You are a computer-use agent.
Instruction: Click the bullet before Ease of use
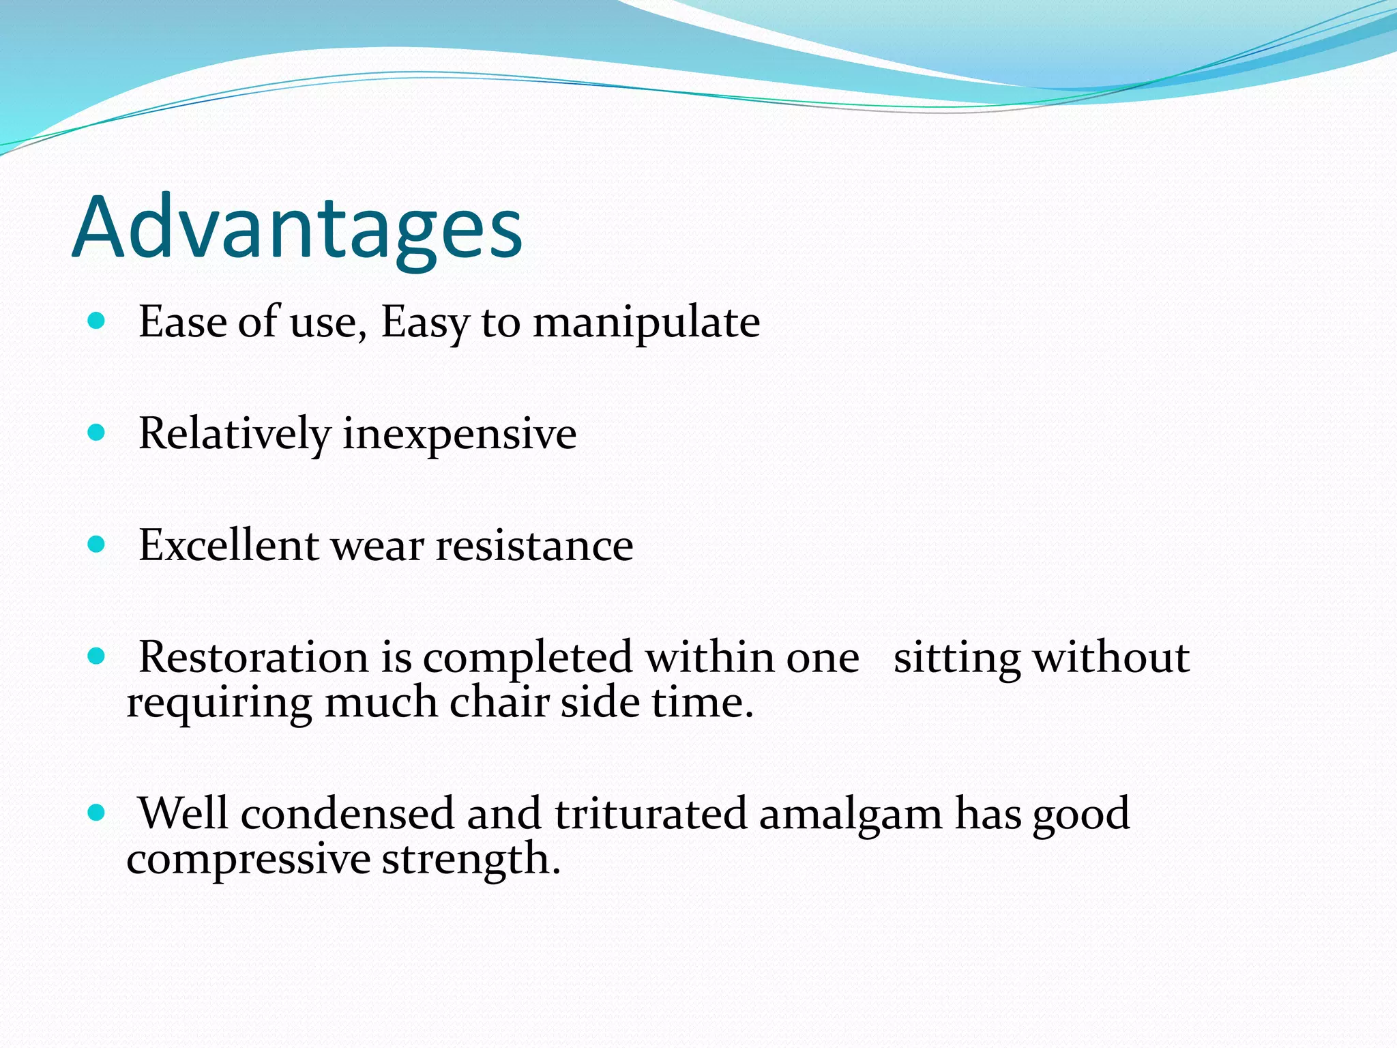[97, 320]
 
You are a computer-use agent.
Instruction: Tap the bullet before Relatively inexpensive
[97, 432]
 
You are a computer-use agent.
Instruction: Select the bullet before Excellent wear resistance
[97, 544]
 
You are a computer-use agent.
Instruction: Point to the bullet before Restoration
[97, 656]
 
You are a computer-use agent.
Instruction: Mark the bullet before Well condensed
[97, 812]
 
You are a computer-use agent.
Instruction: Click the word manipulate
[646, 322]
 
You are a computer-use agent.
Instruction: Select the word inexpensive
[459, 434]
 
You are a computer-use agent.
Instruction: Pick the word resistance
[534, 547]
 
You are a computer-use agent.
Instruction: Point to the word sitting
[956, 659]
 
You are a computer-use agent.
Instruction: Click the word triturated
[651, 813]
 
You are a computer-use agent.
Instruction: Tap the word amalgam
[850, 815]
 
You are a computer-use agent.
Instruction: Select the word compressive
[248, 860]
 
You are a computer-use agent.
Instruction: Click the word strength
[471, 859]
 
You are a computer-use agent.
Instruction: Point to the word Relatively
[234, 434]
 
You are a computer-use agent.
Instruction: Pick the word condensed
[347, 813]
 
